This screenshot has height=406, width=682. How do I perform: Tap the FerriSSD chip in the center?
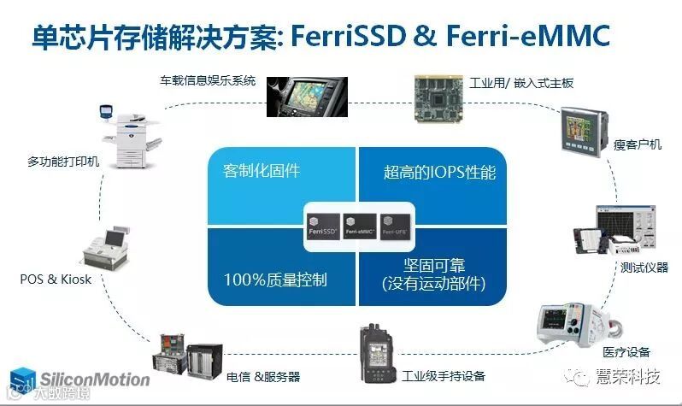click(x=322, y=225)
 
